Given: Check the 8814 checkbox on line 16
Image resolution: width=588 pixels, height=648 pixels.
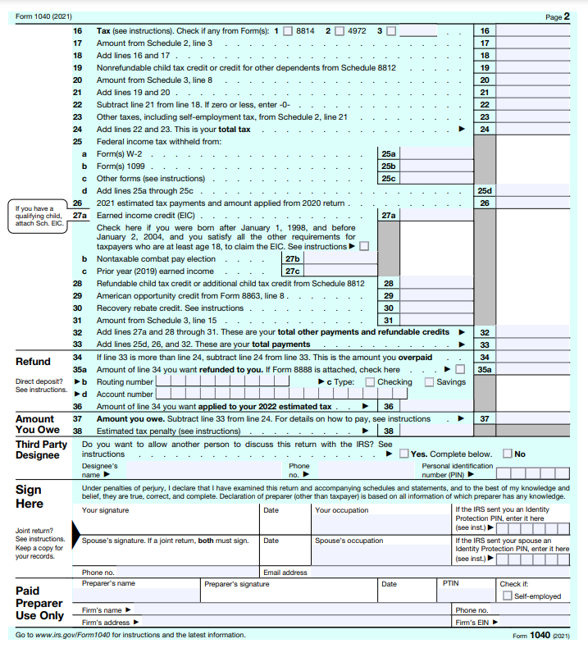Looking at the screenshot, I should pos(288,31).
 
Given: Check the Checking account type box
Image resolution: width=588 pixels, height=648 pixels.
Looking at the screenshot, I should pos(370,381).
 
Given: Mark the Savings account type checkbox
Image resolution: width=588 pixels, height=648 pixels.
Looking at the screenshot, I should pos(429,381).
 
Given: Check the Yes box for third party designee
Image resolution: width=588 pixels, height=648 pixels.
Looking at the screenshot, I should pos(403,454).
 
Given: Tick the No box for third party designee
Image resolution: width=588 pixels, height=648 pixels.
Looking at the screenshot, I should pos(508,454).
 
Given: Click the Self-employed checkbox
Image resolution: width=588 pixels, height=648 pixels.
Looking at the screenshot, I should pos(507,596).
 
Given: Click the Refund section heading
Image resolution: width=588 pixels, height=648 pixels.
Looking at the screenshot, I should pos(33,361).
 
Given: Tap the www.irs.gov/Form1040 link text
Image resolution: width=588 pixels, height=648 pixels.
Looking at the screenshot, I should pos(74,635).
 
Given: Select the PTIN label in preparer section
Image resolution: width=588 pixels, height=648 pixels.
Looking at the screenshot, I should pos(450,583).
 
